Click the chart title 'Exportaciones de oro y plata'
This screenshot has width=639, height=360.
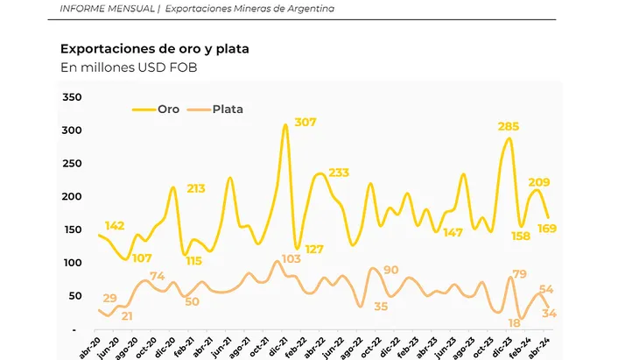coord(154,49)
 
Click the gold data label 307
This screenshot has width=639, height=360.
coord(305,122)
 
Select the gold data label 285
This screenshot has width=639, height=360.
coord(509,127)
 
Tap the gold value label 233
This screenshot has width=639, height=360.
coord(339,172)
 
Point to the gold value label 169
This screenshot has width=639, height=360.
coord(547,229)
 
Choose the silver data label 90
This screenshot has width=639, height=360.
coord(391,270)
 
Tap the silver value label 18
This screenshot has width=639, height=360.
coord(515,322)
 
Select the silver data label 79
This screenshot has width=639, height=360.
coord(518,275)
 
